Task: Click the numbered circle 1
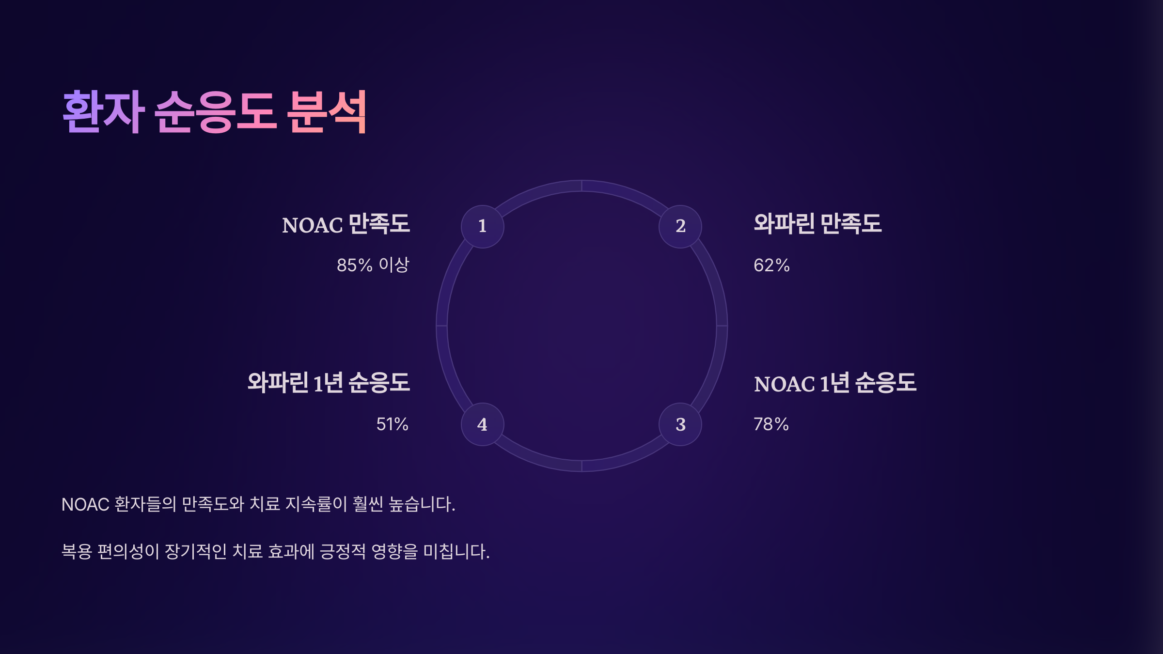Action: point(482,226)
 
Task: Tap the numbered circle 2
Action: point(680,226)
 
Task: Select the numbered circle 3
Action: point(680,424)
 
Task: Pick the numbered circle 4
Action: point(482,424)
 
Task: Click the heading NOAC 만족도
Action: point(346,224)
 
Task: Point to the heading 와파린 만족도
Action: point(817,224)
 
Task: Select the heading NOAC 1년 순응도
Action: point(835,383)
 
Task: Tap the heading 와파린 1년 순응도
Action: point(329,383)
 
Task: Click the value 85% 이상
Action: point(373,265)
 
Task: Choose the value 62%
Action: point(771,265)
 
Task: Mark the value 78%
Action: point(771,424)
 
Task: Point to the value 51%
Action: point(392,424)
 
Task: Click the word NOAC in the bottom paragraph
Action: point(85,504)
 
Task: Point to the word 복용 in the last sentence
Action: point(77,551)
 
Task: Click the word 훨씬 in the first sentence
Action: point(368,504)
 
